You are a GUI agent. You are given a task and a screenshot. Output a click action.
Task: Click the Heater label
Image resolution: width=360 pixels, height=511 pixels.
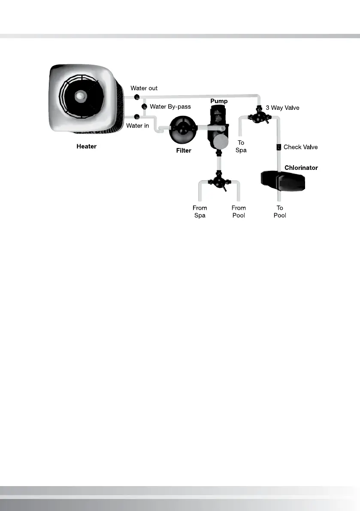click(86, 146)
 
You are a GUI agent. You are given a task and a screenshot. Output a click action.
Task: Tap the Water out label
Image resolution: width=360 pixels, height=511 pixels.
click(144, 88)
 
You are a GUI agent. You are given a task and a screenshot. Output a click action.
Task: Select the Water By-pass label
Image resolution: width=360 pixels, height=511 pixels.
click(170, 106)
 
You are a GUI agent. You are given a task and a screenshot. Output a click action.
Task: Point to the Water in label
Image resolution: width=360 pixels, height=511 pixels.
click(137, 126)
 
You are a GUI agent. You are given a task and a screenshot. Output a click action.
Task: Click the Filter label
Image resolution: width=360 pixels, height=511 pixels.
click(184, 151)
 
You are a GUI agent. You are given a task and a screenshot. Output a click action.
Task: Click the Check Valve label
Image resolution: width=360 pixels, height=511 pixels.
click(300, 147)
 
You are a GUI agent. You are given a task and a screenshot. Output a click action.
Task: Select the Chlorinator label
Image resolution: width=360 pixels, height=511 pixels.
click(301, 167)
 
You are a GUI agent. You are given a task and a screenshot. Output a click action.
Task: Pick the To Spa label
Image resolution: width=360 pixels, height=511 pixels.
click(241, 146)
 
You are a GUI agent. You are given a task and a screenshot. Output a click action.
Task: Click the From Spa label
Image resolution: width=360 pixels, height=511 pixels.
click(200, 212)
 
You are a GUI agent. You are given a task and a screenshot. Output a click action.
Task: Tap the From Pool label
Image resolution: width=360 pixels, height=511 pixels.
click(239, 212)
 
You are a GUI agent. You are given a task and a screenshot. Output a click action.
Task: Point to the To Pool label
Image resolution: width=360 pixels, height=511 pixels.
click(280, 212)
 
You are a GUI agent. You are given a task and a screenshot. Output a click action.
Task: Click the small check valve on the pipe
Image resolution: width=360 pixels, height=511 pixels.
click(278, 147)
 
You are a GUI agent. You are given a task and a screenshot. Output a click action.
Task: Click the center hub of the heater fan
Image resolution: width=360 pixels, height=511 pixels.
click(80, 95)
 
